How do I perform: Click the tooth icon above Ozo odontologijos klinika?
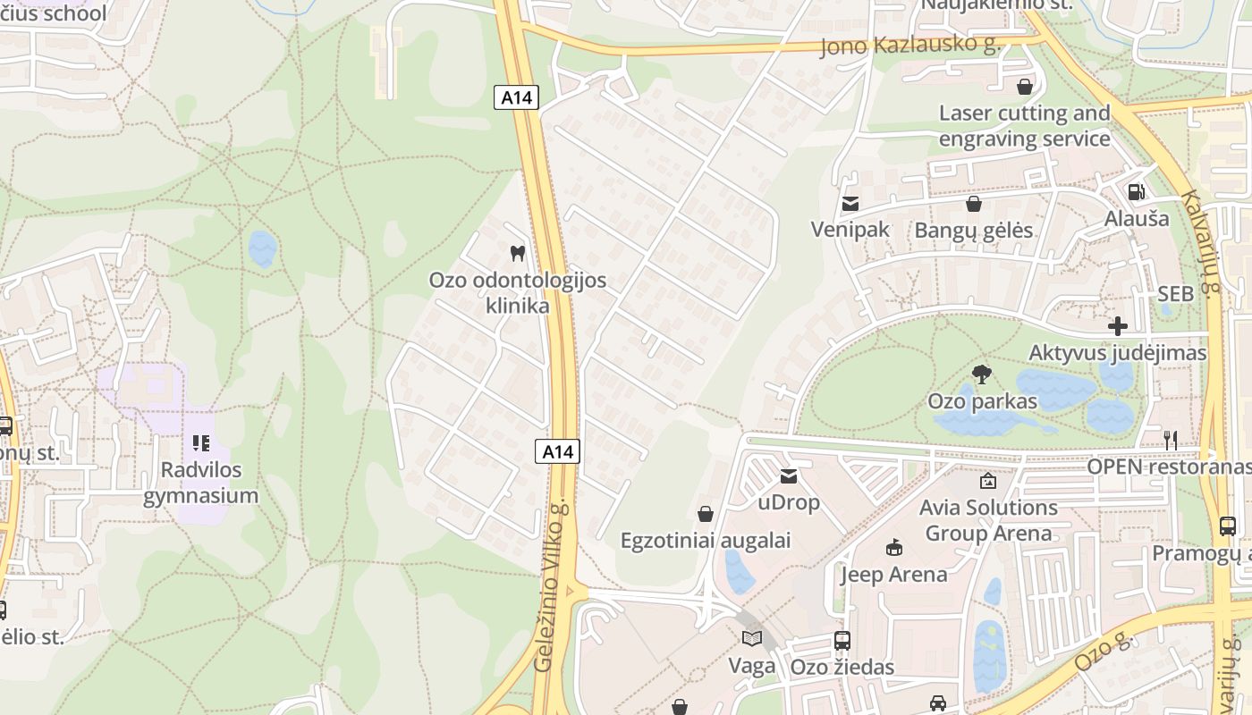(x=516, y=253)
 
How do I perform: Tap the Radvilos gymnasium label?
(x=200, y=483)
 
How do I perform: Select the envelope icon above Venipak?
(x=850, y=205)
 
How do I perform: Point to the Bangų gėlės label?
(x=973, y=231)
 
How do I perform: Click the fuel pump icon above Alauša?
(x=1136, y=191)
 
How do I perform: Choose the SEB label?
(x=1175, y=294)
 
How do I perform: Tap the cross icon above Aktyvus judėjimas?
(x=1117, y=326)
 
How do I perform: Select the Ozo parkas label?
(x=982, y=401)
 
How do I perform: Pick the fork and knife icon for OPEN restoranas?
(x=1170, y=440)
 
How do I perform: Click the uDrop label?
(x=788, y=502)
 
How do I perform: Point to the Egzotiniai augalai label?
(x=706, y=540)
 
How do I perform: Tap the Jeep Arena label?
(x=893, y=574)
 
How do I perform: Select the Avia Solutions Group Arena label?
(x=988, y=520)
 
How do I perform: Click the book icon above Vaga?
(x=751, y=639)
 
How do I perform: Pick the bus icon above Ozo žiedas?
(x=842, y=640)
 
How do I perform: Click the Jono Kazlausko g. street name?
(x=909, y=46)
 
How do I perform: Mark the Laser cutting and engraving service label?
(x=1024, y=126)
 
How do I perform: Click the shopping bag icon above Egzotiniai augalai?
(x=706, y=514)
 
